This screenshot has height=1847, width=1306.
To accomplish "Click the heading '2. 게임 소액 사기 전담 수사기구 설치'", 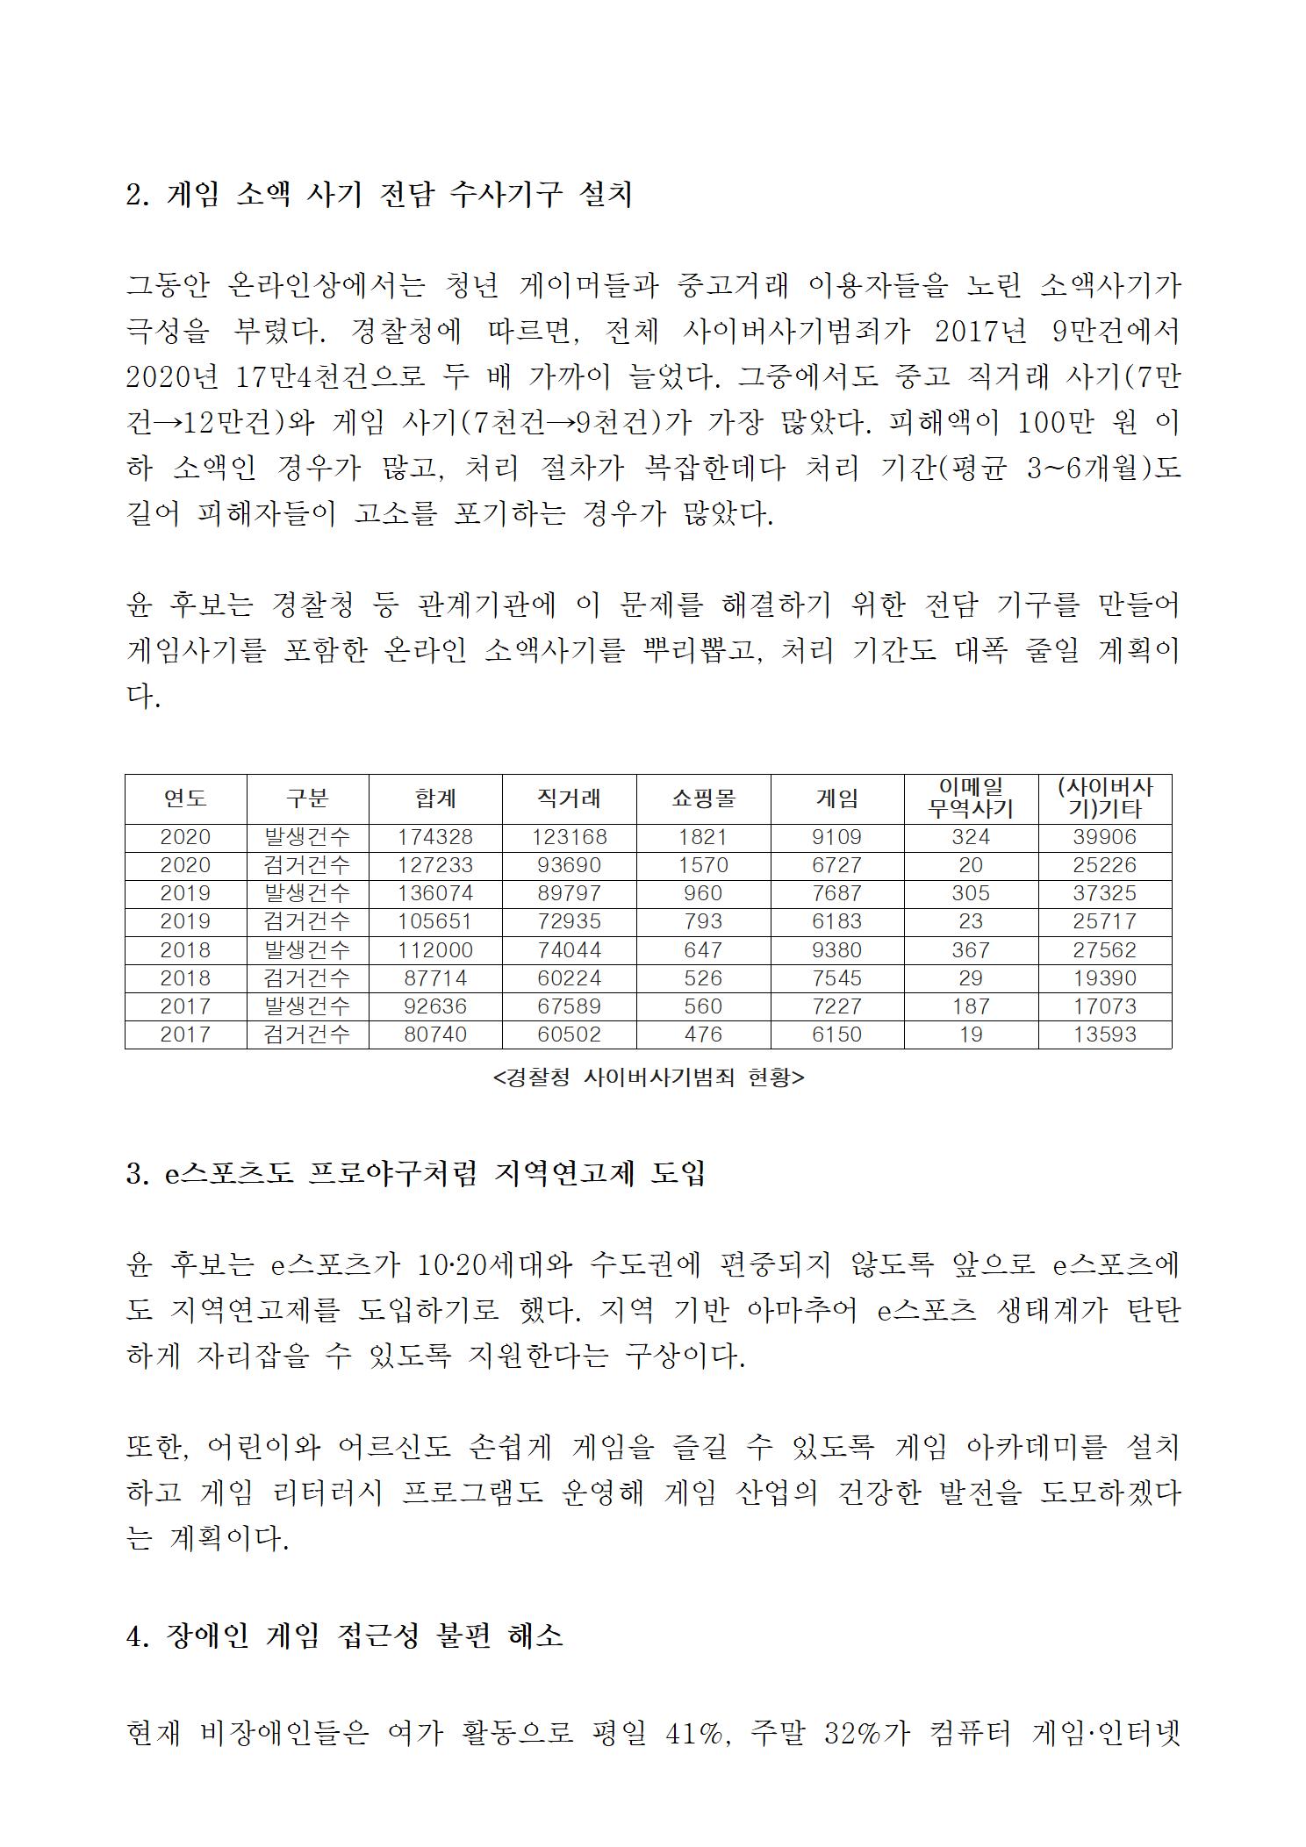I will pos(378,195).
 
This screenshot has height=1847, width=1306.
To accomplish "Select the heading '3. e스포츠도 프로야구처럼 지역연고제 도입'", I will pos(415,1174).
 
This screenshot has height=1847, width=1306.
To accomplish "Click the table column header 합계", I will pos(435,798).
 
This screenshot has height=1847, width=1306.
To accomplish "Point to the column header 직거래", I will pos(569,798).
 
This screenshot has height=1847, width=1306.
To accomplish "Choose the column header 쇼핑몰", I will pos(703,798).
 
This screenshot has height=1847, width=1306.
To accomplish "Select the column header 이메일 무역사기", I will pos(971,798).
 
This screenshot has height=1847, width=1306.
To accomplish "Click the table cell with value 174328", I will pos(435,837).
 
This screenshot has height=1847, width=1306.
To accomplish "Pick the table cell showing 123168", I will pos(569,837).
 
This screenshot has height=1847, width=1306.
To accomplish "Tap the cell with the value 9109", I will pos(837,837).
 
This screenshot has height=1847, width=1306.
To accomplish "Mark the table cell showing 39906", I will pos(1104,837).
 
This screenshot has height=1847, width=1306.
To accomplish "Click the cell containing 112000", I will pos(435,950).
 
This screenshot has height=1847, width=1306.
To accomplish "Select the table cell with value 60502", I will pos(569,1034).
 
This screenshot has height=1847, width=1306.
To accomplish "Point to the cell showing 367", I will pos(971,950).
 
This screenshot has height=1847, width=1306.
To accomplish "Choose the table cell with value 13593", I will pos(1104,1034).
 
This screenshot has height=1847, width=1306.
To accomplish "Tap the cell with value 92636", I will pos(435,1006).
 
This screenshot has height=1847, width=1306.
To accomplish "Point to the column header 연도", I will pos(185,798).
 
